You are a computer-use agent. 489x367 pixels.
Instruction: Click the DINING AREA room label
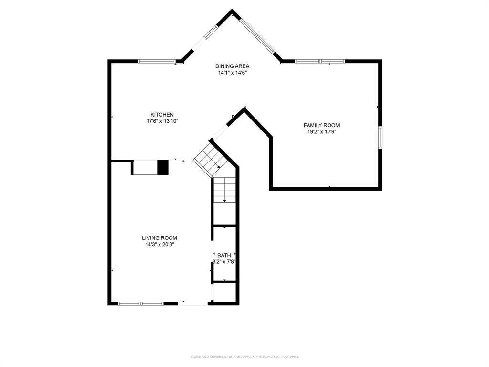coord(232,66)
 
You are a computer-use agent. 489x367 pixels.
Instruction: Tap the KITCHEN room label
coord(162,115)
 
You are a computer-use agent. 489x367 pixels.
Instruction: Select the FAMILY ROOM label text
coord(321,125)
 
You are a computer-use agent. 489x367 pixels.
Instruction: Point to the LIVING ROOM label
coord(159,238)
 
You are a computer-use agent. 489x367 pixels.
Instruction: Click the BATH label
coord(224,255)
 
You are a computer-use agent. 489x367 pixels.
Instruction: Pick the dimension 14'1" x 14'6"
coord(232,73)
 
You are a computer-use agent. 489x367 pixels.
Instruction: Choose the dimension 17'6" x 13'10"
coord(162,121)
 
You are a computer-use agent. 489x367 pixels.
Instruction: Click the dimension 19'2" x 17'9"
coord(321,132)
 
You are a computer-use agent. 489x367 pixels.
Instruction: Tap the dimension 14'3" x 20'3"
coord(159,245)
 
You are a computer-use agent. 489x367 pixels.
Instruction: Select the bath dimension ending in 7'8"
coord(224,261)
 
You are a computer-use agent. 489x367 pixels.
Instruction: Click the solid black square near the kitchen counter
coord(163,167)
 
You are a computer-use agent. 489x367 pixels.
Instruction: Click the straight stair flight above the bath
coord(224,190)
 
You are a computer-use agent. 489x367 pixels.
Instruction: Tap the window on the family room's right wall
coord(380,138)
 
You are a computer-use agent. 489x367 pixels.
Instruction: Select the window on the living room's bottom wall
coord(141,303)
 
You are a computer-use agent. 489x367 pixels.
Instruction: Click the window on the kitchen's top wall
coord(157,61)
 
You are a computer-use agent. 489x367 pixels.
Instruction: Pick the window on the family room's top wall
coord(319,61)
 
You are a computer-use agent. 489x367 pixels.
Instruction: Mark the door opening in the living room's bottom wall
coord(193,303)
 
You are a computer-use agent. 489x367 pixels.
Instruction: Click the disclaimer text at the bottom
coord(244,356)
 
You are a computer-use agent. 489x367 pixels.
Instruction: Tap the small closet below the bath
coord(225,292)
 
